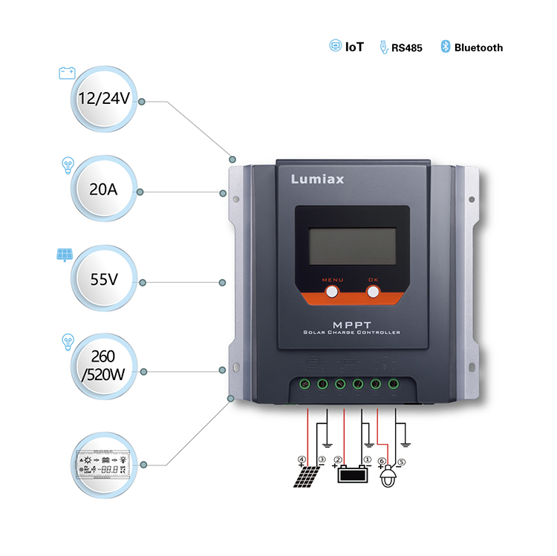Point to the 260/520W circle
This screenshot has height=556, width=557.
point(104,368)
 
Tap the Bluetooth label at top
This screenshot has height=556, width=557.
point(478,48)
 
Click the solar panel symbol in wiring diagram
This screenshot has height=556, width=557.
point(307,476)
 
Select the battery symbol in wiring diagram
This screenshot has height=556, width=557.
point(352,474)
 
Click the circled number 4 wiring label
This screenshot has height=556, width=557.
point(302,459)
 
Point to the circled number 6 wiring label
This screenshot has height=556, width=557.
point(382,460)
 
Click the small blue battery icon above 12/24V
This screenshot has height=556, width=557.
point(67,73)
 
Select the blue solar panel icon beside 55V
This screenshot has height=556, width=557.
point(64,255)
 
